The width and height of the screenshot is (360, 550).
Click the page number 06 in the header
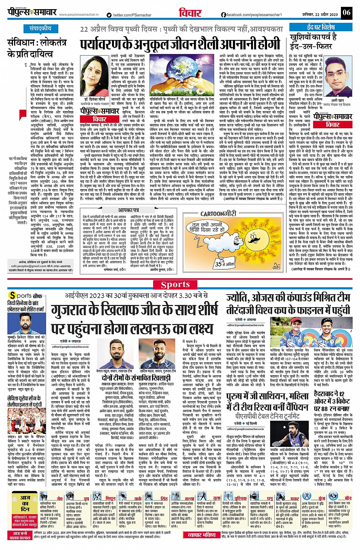346,12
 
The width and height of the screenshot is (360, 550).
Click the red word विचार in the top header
190,13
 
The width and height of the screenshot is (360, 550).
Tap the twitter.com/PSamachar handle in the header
129,15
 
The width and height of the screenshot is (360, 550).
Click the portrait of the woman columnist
93,76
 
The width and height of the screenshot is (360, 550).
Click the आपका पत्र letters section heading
129,210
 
